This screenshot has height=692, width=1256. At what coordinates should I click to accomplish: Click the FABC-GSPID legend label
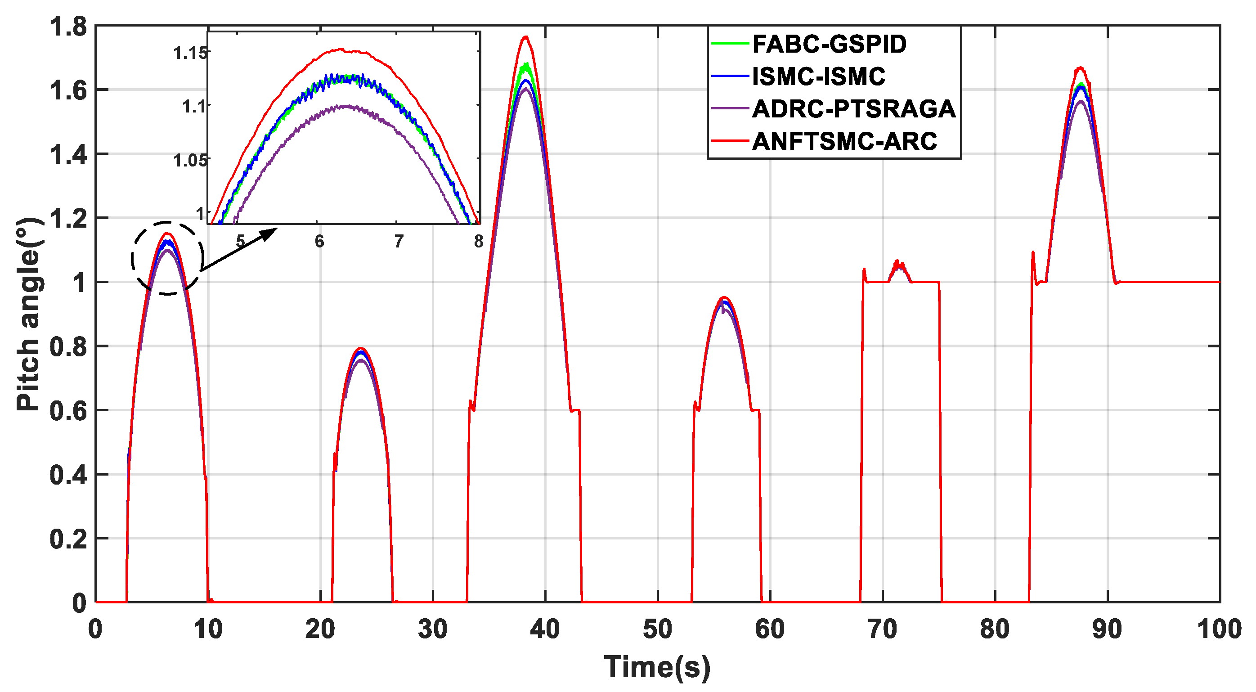[829, 44]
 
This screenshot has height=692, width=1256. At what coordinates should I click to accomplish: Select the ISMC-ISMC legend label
[818, 76]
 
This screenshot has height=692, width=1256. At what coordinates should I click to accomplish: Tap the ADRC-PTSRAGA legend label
[853, 109]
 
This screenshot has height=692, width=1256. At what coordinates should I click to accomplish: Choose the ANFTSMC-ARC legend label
[844, 141]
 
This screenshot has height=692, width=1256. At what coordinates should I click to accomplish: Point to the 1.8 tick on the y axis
[68, 27]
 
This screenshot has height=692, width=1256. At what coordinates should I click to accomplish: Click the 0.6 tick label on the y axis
[68, 411]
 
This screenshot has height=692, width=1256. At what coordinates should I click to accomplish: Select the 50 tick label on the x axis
[657, 629]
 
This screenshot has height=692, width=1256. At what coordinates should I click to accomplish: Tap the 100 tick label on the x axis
[1219, 629]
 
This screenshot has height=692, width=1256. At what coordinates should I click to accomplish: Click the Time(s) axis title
[657, 667]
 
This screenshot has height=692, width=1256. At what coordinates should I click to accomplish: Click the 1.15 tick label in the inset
[190, 53]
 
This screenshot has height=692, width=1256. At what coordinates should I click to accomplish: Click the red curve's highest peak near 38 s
[525, 36]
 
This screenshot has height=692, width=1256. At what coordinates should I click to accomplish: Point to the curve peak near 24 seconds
[361, 348]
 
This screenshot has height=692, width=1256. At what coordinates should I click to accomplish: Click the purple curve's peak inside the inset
[345, 106]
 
